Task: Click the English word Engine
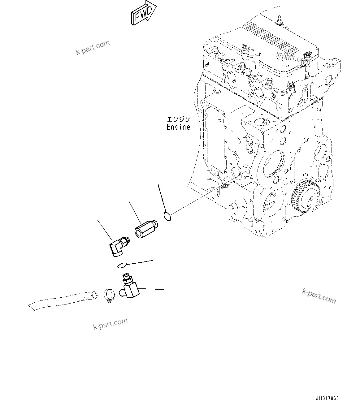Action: click(x=178, y=127)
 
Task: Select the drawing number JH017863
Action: click(x=327, y=399)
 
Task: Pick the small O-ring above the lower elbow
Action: click(x=122, y=265)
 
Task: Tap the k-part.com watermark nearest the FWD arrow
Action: click(x=93, y=47)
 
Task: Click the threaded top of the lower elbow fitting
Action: click(x=126, y=276)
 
